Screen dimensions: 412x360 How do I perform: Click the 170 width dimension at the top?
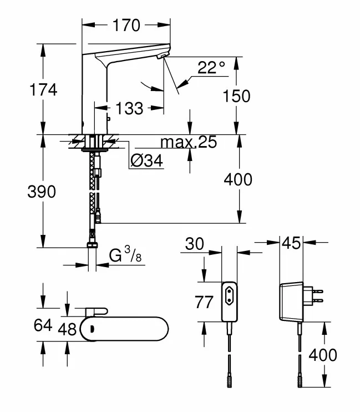[x=126, y=24]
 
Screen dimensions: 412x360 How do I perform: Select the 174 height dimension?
[x=44, y=89]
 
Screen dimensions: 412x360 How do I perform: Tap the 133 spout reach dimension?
[x=129, y=108]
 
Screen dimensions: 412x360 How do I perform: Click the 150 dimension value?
[x=236, y=96]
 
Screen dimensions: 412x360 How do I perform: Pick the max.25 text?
[x=189, y=143]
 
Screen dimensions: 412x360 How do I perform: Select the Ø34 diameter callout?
[x=147, y=162]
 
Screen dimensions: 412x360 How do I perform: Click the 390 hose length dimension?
[x=42, y=192]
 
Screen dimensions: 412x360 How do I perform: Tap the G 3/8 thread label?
[x=124, y=256]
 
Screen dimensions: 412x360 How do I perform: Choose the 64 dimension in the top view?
[x=43, y=325]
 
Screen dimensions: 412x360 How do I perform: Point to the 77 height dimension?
[x=205, y=302]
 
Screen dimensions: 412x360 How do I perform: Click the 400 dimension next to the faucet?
[x=238, y=179]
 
